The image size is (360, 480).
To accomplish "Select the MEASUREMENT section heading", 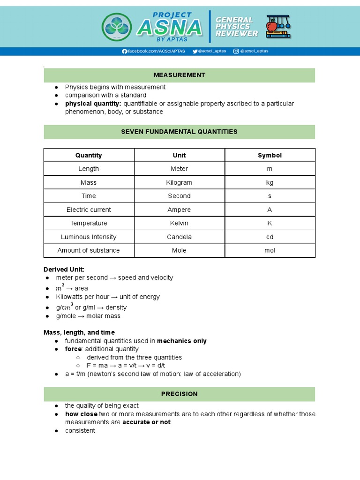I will (179, 75).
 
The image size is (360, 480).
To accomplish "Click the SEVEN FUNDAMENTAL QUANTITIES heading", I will (179, 132).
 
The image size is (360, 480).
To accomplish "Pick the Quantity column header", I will (89, 155).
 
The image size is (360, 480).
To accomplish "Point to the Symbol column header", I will (270, 155).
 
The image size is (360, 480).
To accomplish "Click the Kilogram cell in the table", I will (179, 182).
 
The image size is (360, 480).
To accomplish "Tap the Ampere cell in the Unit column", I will (179, 210).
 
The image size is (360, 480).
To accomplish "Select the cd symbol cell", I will (270, 237).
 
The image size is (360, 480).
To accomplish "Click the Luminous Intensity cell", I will (89, 237).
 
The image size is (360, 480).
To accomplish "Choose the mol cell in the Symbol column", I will (270, 250).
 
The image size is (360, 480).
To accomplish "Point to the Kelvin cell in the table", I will (179, 223).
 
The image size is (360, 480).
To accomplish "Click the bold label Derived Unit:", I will (64, 269).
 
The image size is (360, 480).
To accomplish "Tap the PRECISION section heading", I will (179, 394).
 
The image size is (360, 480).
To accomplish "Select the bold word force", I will (73, 349).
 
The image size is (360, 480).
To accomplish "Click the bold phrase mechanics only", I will (181, 341).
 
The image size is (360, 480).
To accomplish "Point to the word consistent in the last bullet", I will (80, 430).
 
